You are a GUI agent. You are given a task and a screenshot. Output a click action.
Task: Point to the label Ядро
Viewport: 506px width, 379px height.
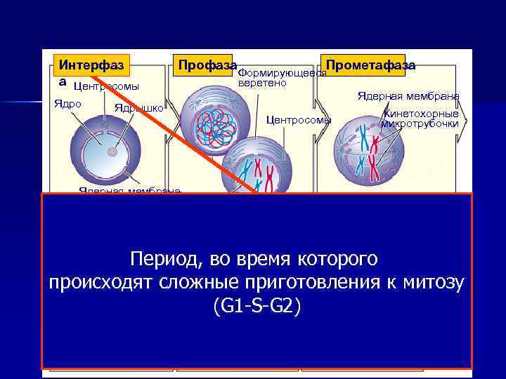tap(68, 104)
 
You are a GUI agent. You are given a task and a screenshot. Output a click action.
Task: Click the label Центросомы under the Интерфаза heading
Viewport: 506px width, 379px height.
tap(106, 86)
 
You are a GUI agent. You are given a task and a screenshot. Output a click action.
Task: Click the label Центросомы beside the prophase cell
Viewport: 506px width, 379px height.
tap(299, 120)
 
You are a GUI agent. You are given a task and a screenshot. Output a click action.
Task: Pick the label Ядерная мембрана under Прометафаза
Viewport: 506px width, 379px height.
tap(408, 96)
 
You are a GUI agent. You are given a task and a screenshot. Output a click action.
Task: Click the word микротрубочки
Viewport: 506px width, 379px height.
tap(420, 124)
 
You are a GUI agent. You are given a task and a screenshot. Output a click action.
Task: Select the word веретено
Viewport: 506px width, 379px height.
tap(262, 84)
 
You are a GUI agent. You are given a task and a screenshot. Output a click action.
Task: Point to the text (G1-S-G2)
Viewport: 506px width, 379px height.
tap(254, 306)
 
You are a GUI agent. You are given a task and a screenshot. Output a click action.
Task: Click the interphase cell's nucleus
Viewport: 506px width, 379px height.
tap(109, 150)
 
